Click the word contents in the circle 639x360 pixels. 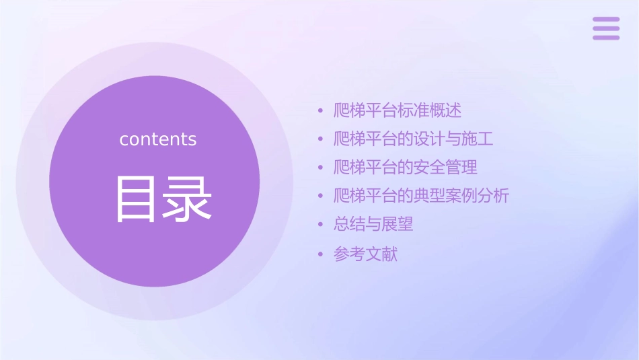pos(158,139)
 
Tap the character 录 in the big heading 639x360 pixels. pos(184,199)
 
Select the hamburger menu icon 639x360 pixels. pos(606,28)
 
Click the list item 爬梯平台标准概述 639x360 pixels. pos(398,110)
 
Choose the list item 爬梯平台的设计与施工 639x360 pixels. pos(414,139)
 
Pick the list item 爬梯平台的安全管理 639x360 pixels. pos(406,167)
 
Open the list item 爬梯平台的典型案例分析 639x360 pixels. pos(422,196)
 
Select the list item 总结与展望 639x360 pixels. pos(373,224)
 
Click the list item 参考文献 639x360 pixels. pos(365,254)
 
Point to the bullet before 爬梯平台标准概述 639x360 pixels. pos(320,110)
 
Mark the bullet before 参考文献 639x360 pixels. pos(320,254)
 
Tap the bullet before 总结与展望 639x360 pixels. pos(320,225)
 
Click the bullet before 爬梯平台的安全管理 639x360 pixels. pos(320,168)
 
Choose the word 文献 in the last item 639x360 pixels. pos(381,254)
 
